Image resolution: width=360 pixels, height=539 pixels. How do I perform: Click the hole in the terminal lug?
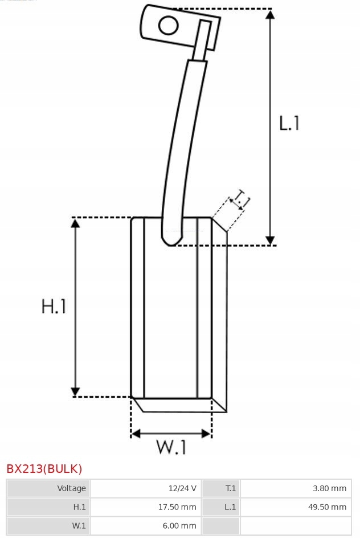coord(168,25)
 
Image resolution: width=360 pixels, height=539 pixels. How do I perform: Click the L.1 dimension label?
coord(289,123)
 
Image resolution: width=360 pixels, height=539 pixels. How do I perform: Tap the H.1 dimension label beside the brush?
coord(54,307)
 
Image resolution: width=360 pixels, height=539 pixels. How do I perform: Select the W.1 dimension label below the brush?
coord(171,448)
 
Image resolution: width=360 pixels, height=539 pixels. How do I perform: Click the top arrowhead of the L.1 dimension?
coord(270,15)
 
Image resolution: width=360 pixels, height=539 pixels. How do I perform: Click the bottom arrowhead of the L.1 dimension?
coord(270,240)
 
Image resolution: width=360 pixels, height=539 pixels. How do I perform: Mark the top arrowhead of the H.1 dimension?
coord(75,223)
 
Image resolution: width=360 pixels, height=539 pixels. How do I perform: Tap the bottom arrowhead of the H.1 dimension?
coord(75,391)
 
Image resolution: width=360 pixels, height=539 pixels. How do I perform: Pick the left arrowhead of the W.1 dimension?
coord(136,434)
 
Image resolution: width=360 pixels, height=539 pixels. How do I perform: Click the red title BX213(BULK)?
coord(44,469)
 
